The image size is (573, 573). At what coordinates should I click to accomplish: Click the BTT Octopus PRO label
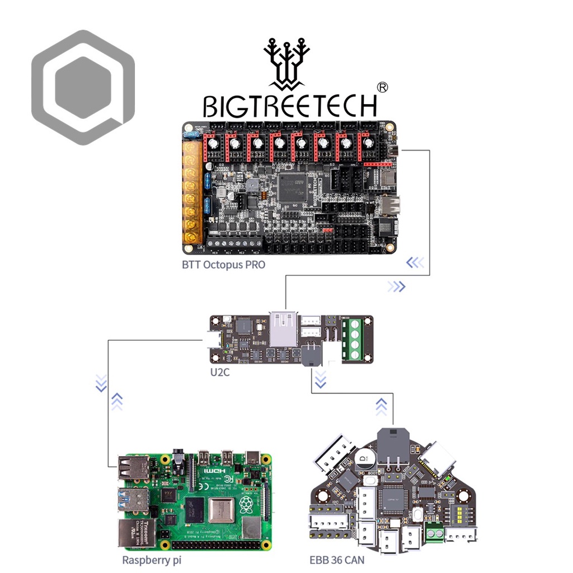pos(223,265)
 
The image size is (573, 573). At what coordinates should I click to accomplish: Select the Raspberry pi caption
pos(152,560)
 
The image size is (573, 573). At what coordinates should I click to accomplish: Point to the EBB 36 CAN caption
pos(337,560)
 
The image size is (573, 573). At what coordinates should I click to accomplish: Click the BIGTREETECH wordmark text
pos(290,106)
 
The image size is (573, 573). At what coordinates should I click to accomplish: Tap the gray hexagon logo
pos(83,87)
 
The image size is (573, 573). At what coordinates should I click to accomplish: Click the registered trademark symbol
pos(382,87)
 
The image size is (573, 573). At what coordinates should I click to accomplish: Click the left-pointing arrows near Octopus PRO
pos(415,262)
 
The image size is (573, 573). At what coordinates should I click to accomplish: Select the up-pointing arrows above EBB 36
pos(381,406)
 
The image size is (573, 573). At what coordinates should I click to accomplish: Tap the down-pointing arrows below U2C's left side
pos(101,383)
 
